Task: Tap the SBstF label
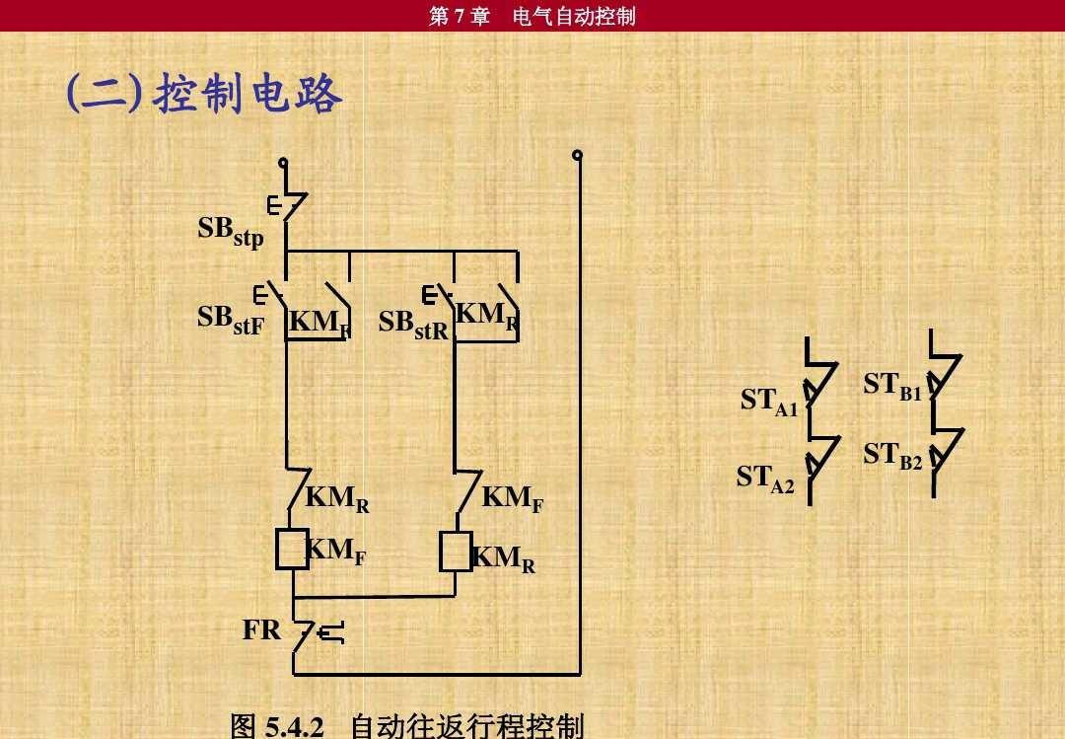[230, 320]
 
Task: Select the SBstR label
[413, 325]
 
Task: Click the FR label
[261, 629]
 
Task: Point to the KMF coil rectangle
[292, 548]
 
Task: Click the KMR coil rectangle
[456, 552]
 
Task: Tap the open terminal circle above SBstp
[283, 162]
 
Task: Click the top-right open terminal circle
[577, 155]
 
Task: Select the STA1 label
[769, 402]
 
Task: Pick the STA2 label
[765, 479]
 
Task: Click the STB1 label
[892, 386]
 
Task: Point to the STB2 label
[892, 456]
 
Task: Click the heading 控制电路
[248, 93]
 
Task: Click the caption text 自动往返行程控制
[467, 726]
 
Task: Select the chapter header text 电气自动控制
[574, 16]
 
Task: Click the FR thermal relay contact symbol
[318, 633]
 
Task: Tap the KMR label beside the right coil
[503, 558]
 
